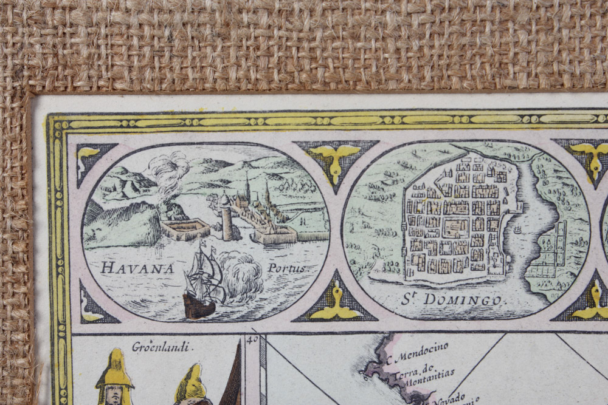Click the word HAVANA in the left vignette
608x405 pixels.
click(x=137, y=267)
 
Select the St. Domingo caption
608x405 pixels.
click(x=451, y=299)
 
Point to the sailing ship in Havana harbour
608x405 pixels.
click(x=202, y=282)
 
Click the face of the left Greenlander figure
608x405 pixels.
click(x=114, y=395)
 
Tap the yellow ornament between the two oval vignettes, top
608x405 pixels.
click(x=336, y=159)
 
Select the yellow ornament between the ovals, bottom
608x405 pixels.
click(x=336, y=305)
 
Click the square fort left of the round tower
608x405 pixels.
click(x=185, y=229)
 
